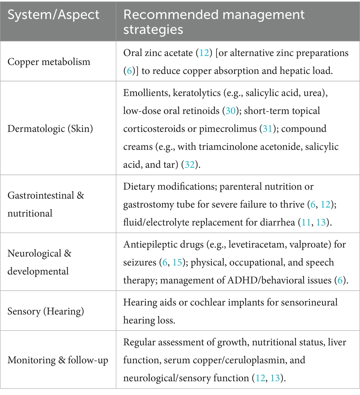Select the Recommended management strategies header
point(214,22)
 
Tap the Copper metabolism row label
point(49,61)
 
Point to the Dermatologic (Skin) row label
point(50,128)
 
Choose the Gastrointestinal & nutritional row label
point(46,204)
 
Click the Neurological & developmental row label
point(39,262)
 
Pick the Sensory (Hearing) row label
point(46,311)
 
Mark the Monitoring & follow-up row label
point(58,359)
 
